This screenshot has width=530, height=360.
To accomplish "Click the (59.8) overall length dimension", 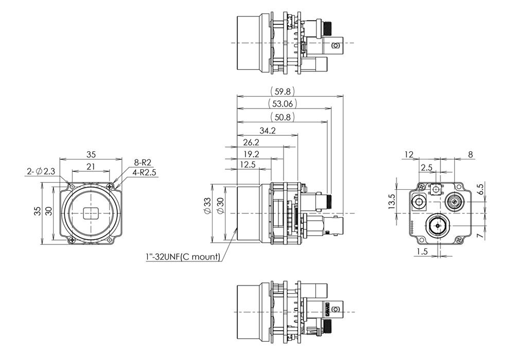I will click(x=282, y=92).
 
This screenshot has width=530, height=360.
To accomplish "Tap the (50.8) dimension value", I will click(x=282, y=117).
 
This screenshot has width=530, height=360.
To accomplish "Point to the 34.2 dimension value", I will click(x=268, y=131).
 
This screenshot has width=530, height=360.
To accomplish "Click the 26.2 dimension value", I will click(x=251, y=142).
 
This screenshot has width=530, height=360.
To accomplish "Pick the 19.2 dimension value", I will click(x=251, y=154).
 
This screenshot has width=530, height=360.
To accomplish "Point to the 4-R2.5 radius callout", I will click(x=145, y=172).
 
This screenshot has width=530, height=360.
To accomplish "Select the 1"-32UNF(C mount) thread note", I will click(x=183, y=256).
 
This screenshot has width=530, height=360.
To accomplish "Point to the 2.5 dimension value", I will click(x=426, y=168).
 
